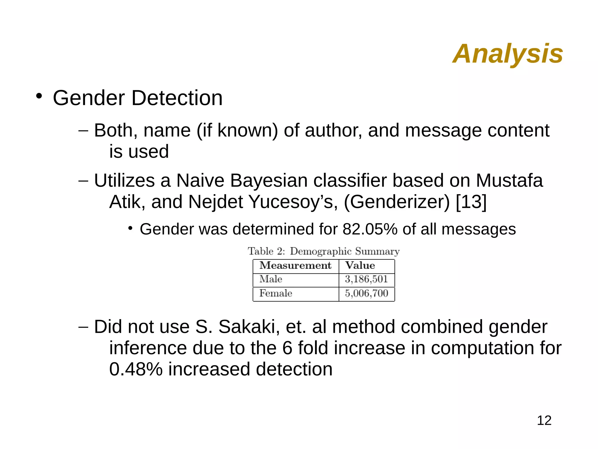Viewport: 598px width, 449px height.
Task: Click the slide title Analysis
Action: click(x=507, y=54)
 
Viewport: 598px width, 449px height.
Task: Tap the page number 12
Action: click(x=544, y=420)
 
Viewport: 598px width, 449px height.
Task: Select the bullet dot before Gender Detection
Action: click(x=39, y=96)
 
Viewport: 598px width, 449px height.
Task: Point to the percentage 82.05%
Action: click(x=370, y=229)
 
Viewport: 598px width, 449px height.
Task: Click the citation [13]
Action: click(x=471, y=202)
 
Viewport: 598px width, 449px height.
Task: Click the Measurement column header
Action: click(x=295, y=266)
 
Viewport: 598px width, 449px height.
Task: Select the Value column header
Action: click(x=360, y=266)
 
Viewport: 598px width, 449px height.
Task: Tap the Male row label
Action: click(x=271, y=279)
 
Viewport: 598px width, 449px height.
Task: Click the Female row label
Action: click(x=276, y=293)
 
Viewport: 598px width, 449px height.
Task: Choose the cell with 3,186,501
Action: click(x=366, y=279)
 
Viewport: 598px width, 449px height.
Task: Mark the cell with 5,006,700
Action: click(x=366, y=293)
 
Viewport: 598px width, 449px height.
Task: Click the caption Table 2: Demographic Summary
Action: click(x=324, y=251)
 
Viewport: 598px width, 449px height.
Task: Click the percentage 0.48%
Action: click(x=135, y=369)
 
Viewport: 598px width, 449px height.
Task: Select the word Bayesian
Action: click(x=269, y=180)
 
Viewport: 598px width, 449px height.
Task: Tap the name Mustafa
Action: click(x=509, y=180)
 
